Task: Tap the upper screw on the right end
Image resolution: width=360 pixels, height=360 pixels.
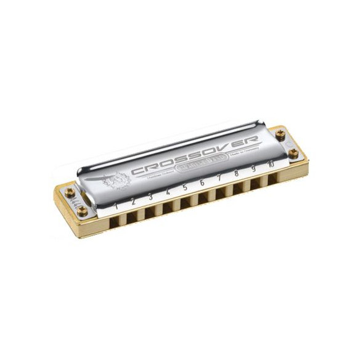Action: pyautogui.click(x=280, y=134)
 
